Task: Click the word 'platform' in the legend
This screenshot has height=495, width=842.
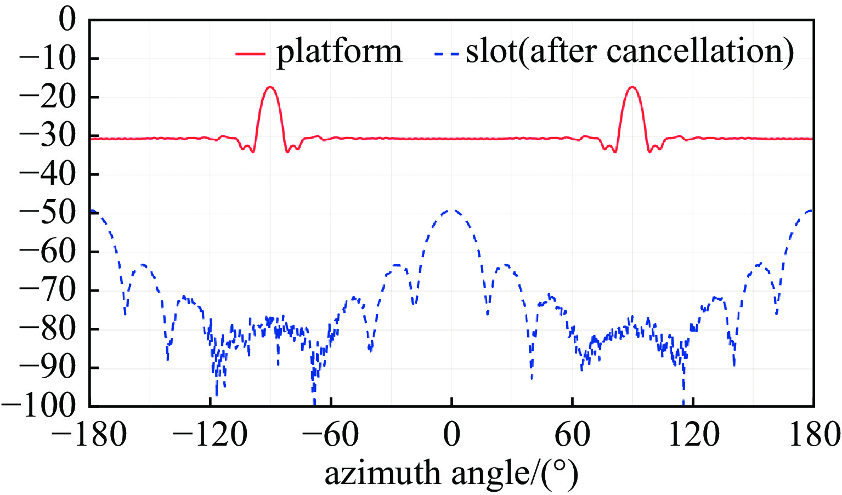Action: tap(339, 53)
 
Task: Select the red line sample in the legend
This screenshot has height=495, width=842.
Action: tap(250, 53)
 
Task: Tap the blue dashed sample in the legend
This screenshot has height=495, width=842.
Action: tap(446, 53)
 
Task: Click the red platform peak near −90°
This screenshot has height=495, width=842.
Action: tap(270, 87)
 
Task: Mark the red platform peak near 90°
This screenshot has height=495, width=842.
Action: tap(632, 87)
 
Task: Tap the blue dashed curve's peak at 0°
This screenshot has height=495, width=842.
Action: tap(452, 210)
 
